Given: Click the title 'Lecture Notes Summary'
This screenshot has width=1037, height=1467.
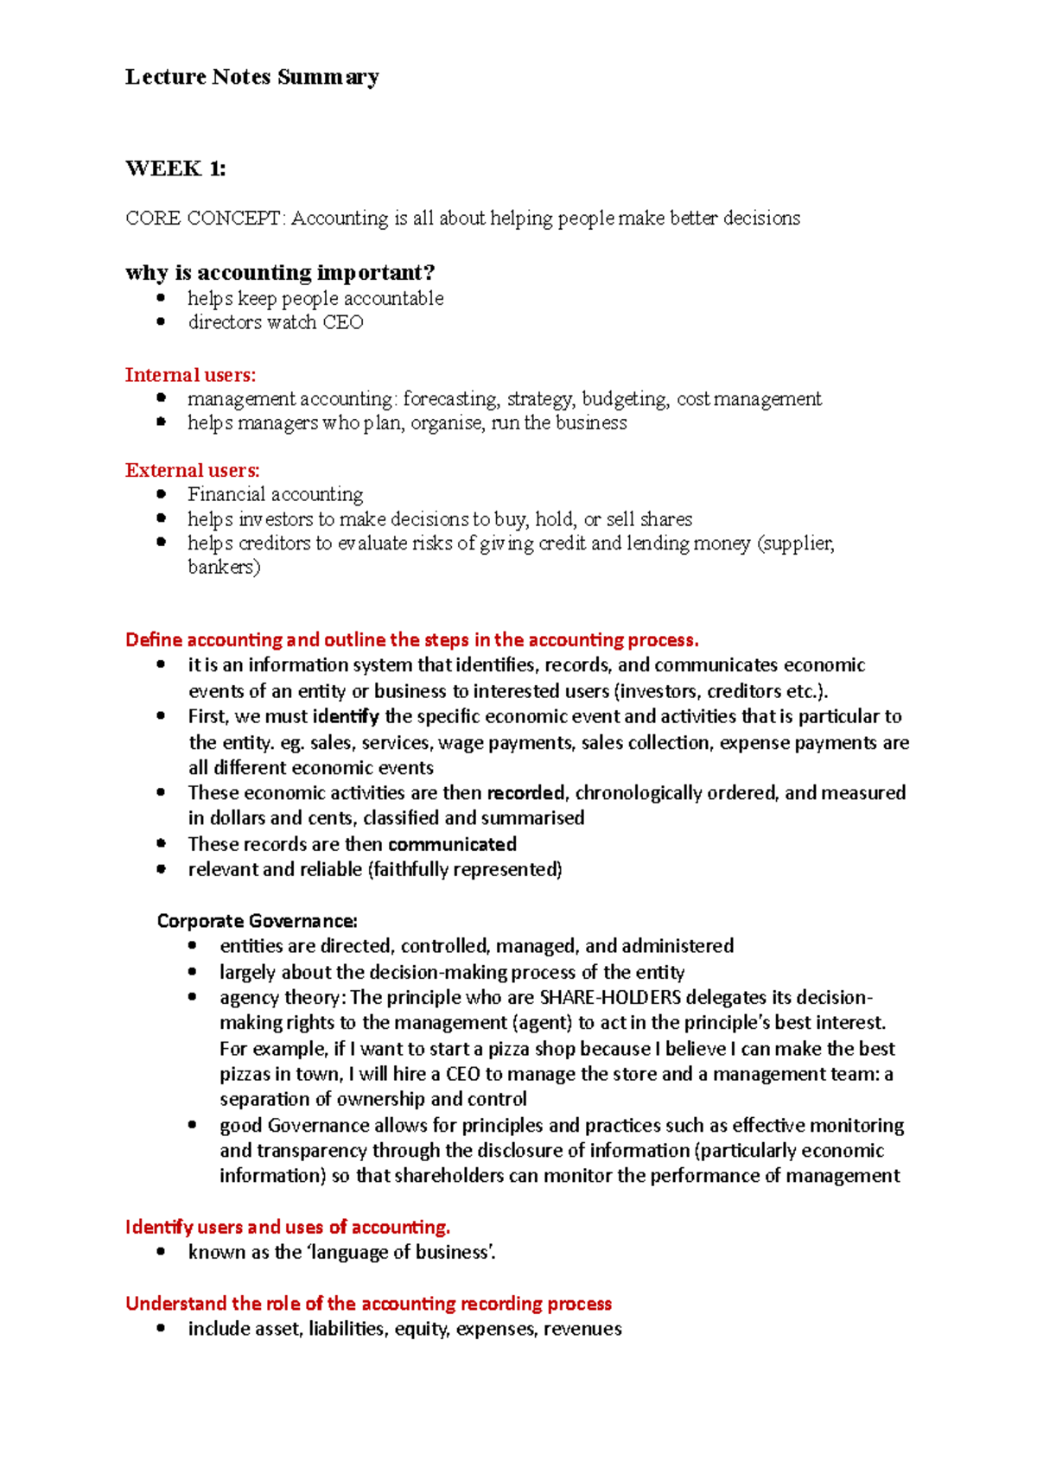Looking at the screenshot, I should [251, 77].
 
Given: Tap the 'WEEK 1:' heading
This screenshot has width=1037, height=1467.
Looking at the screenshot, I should [175, 168].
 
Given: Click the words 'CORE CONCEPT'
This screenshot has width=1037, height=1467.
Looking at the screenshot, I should [203, 218].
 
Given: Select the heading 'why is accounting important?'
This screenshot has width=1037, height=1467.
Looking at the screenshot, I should [279, 273].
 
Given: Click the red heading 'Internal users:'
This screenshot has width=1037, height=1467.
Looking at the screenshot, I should [190, 375].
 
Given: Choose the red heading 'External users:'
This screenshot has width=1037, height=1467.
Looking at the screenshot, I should [192, 471].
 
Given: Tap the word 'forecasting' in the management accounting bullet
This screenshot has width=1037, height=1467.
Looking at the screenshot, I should [450, 399].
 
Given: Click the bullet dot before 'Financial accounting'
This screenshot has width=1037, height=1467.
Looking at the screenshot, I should [161, 494].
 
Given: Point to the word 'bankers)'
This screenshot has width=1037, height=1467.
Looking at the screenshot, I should [224, 568].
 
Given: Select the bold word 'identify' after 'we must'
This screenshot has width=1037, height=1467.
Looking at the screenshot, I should [345, 716].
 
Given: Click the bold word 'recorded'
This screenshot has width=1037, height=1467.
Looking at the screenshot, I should [525, 793].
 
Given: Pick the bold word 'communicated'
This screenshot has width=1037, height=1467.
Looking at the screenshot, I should [452, 844].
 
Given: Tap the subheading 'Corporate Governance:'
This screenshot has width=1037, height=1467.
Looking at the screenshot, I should [257, 921].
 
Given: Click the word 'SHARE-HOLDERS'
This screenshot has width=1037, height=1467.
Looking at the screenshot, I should [610, 997].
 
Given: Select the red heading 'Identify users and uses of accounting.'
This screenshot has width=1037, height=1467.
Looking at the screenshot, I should [288, 1227].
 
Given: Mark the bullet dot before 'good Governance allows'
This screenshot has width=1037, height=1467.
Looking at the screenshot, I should [192, 1125].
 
